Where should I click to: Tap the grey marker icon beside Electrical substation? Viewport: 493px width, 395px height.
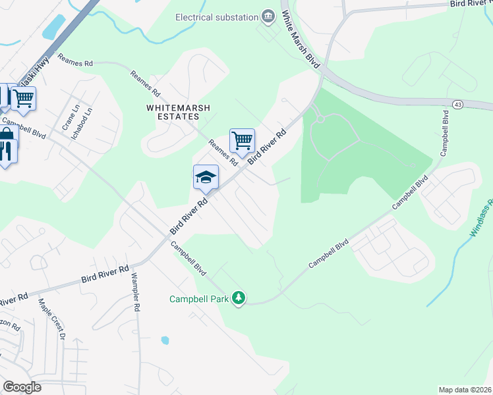point(268,16)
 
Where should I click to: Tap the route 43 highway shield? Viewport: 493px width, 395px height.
point(457,104)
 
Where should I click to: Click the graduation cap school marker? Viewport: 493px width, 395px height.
point(206,177)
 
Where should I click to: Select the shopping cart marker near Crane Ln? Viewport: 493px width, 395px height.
point(23,99)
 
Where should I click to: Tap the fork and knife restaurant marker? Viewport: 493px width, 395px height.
point(7,152)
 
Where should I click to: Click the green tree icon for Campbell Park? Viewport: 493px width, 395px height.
point(239,299)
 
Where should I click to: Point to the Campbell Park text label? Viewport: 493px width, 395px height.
point(198,299)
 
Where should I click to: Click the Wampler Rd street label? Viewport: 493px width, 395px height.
point(136,292)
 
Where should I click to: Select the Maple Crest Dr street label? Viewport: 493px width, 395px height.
point(52,319)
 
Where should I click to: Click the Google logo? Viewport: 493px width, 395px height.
point(21,387)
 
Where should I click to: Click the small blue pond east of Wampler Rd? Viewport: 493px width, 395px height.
point(165,340)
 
